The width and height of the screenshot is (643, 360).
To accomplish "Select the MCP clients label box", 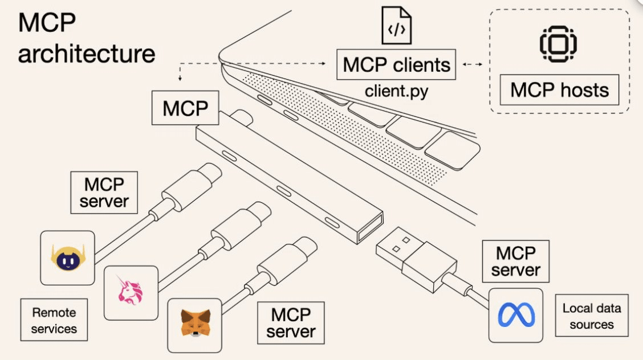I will (x=397, y=64).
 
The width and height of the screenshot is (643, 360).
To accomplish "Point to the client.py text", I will (x=397, y=91).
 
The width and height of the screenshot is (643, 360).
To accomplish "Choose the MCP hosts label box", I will (x=559, y=89).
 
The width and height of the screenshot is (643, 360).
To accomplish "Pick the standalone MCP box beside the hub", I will (x=185, y=108).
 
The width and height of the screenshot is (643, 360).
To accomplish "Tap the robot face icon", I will (x=67, y=257).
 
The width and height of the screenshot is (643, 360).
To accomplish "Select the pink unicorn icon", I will (x=131, y=292).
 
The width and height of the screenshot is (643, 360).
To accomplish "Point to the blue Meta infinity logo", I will (x=516, y=314).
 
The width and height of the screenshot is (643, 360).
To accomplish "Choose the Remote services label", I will (x=54, y=320).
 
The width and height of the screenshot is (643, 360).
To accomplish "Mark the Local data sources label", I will (x=592, y=316).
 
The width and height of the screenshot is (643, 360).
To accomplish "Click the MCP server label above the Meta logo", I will (x=515, y=261).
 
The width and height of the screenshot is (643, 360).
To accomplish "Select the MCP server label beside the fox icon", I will (x=291, y=322).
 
